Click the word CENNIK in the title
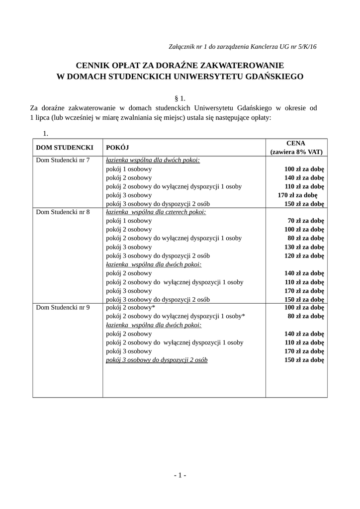pyautogui.click(x=91, y=65)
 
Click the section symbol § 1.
pyautogui.click(x=180, y=98)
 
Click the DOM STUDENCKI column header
pyautogui.click(x=65, y=148)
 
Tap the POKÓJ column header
pyautogui.click(x=118, y=148)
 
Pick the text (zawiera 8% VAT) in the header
pyautogui.click(x=296, y=152)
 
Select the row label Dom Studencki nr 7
pyautogui.click(x=63, y=160)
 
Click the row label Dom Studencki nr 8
pyautogui.click(x=63, y=212)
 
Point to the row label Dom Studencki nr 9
pyautogui.click(x=63, y=308)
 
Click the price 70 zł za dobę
pyautogui.click(x=306, y=221)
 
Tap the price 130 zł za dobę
pyautogui.click(x=304, y=247)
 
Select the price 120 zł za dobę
pyautogui.click(x=304, y=255)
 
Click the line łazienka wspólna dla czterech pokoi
pyautogui.click(x=156, y=212)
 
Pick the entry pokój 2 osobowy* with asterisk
pyautogui.click(x=131, y=308)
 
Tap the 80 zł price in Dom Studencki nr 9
pyautogui.click(x=306, y=316)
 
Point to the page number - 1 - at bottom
pyautogui.click(x=180, y=475)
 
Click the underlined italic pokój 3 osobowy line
pyautogui.click(x=157, y=360)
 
